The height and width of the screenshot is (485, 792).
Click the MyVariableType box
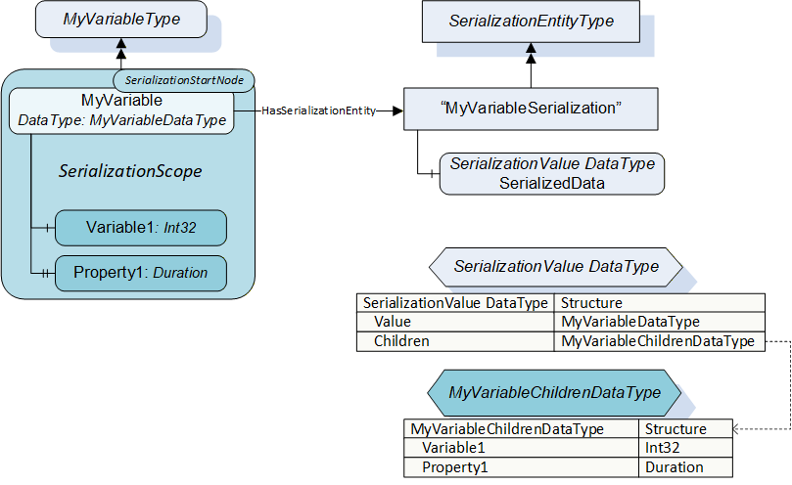(121, 20)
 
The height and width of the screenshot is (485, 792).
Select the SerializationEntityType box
(531, 22)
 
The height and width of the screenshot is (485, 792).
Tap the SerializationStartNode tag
(184, 80)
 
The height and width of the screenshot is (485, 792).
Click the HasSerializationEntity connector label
(319, 110)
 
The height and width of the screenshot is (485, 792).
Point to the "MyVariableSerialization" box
(531, 109)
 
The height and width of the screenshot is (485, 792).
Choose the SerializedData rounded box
(552, 174)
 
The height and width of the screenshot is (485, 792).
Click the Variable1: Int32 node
(141, 228)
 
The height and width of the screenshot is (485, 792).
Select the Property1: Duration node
(141, 273)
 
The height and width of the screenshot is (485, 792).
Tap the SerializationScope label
(130, 171)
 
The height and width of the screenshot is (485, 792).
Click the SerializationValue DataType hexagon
(556, 267)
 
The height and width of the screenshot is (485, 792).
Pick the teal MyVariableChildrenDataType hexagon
(555, 393)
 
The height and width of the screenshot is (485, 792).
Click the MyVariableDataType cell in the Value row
(660, 322)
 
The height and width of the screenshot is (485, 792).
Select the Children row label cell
(455, 341)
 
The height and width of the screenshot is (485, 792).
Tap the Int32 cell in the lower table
(685, 448)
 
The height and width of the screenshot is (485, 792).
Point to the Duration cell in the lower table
(685, 467)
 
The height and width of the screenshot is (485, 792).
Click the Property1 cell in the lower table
(521, 467)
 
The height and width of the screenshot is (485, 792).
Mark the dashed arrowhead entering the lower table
(736, 429)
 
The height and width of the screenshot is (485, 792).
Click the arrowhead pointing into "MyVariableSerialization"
(397, 110)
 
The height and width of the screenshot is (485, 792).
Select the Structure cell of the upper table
(660, 303)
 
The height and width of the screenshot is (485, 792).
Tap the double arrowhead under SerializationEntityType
(531, 53)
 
